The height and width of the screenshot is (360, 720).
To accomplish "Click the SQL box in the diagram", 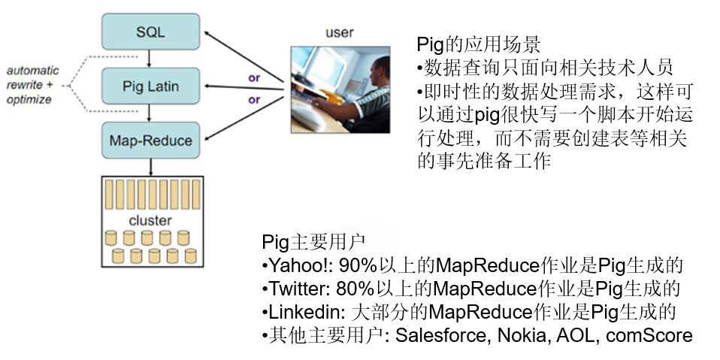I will (150, 32).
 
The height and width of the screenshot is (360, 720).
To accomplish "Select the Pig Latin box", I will (150, 86).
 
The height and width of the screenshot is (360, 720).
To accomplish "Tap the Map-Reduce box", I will (150, 140).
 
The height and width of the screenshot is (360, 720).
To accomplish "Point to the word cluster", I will (150, 221).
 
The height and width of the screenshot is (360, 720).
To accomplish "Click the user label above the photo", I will (339, 32).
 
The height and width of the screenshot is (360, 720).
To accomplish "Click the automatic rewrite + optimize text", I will (33, 85).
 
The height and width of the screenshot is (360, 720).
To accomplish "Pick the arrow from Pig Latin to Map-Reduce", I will (150, 113).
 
